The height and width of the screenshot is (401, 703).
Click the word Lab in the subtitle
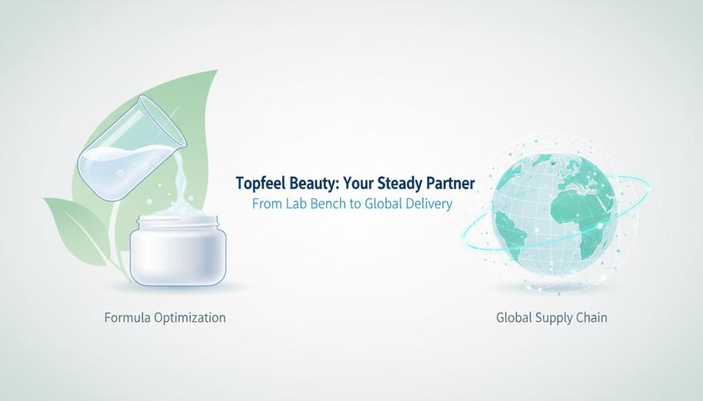point(297,204)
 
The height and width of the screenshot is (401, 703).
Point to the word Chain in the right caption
point(591,317)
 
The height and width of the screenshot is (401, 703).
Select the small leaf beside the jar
point(77,230)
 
